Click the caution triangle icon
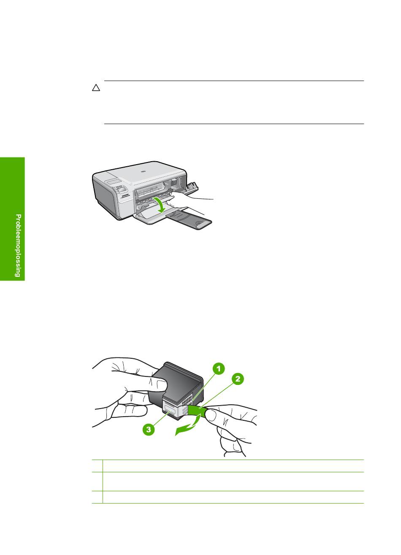[96, 88]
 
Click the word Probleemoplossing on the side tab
[18, 246]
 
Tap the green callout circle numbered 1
[218, 369]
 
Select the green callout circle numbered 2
[238, 379]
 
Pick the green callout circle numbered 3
[149, 429]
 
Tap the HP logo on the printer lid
[143, 171]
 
